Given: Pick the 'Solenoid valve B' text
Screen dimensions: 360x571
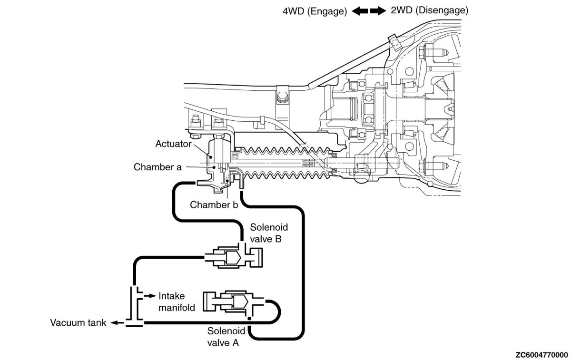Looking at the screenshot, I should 268,233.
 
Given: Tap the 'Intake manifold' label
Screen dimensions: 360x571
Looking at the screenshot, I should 177,302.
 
